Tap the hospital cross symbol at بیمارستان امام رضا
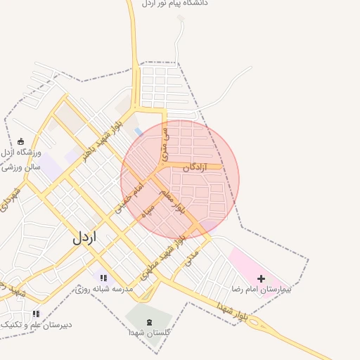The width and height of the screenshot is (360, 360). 262,279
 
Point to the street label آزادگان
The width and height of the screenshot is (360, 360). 195,167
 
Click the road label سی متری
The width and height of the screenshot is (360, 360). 165,141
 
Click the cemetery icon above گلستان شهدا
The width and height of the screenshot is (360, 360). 148,321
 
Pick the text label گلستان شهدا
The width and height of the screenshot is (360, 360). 148,332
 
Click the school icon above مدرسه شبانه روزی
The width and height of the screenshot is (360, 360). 103,278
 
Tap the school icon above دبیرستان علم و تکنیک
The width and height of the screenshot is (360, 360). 36,314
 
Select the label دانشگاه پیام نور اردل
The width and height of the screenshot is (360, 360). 176,4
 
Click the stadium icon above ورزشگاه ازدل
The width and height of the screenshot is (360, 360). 20,141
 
